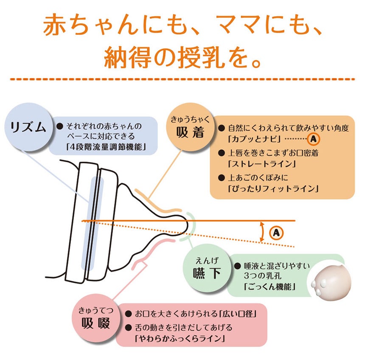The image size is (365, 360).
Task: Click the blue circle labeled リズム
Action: point(28,127)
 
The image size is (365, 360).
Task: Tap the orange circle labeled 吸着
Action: point(190,127)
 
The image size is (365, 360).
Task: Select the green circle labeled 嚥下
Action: point(207,268)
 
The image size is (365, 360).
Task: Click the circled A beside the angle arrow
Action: point(276,233)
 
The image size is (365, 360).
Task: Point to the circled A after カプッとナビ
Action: point(313,139)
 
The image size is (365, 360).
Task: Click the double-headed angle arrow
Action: point(262,232)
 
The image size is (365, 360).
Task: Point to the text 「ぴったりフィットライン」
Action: point(273,188)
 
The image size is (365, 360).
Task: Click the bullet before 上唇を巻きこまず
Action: point(222,153)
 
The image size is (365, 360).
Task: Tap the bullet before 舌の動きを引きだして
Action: point(128,328)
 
